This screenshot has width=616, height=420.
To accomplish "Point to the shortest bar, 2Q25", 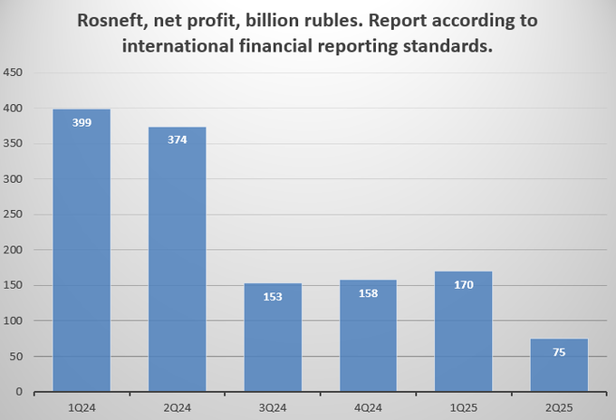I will [x=560, y=366].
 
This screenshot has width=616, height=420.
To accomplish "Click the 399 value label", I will [x=82, y=122].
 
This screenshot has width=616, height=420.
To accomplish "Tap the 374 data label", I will [x=178, y=140].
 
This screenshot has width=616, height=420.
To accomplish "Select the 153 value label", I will [x=274, y=297].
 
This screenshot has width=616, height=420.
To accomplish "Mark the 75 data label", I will [x=560, y=352].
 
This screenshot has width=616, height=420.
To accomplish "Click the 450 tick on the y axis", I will [x=15, y=72].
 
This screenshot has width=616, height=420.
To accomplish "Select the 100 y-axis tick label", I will [x=15, y=321].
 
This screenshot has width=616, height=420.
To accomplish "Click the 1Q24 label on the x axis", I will [x=82, y=406].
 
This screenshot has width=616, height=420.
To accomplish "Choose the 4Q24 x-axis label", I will [x=369, y=406].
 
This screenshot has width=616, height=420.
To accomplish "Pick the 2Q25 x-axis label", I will [x=560, y=406].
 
